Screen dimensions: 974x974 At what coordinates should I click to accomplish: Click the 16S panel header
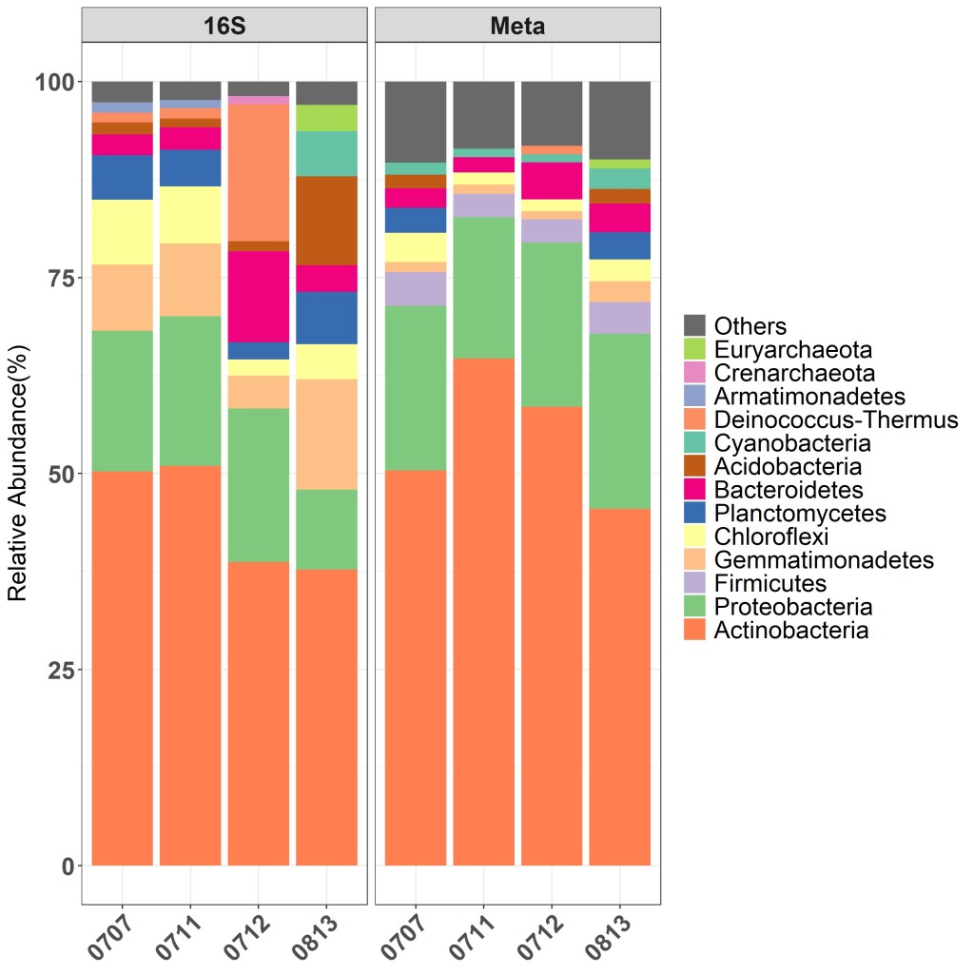click(x=224, y=26)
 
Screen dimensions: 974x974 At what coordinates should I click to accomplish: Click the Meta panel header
click(x=517, y=26)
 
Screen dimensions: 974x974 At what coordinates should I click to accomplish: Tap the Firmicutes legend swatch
click(x=695, y=583)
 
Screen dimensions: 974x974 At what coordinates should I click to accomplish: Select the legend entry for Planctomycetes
click(x=800, y=514)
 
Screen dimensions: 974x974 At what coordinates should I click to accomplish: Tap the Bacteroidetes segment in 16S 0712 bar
click(x=259, y=296)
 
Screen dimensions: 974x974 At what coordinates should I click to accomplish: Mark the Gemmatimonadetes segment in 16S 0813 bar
click(x=327, y=434)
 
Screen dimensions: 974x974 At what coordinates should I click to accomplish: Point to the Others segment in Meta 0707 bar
click(x=416, y=122)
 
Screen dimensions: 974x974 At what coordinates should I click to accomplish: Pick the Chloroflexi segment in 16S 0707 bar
click(x=123, y=232)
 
